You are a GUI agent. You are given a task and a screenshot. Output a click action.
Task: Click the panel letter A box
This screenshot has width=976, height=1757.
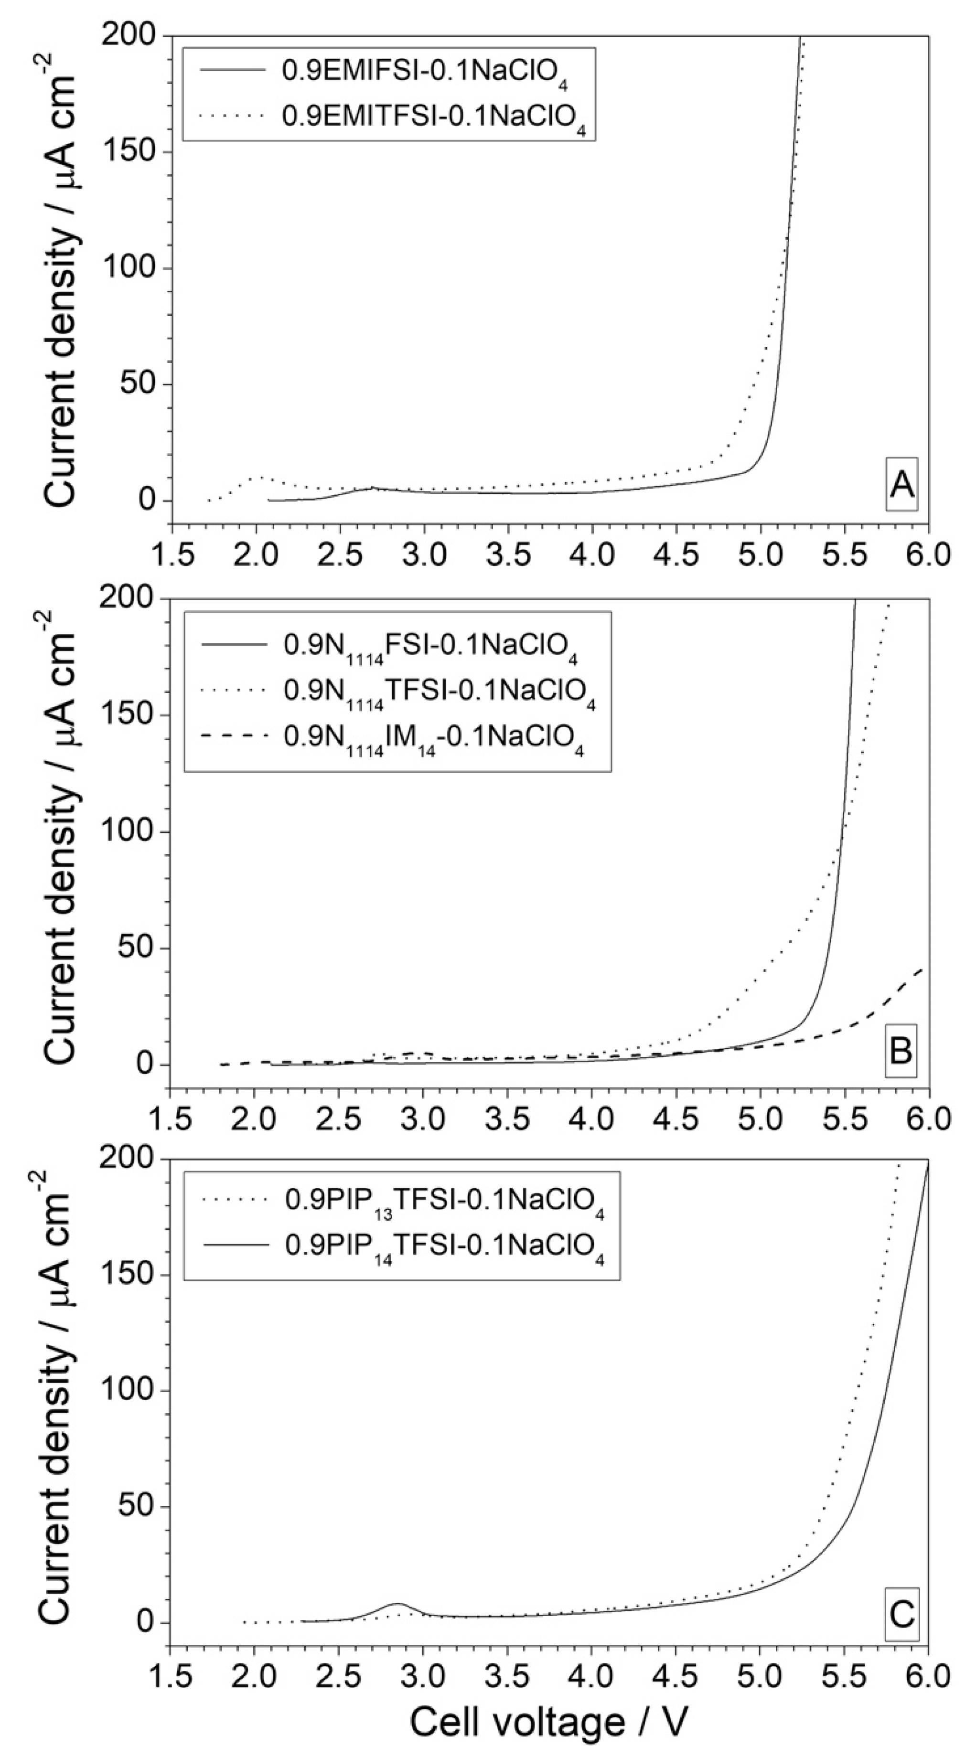tap(901, 484)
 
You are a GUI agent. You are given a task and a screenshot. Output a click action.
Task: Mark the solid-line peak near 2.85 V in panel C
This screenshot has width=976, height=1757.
tap(398, 1603)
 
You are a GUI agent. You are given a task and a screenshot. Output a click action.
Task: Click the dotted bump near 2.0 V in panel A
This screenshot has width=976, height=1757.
tap(258, 478)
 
